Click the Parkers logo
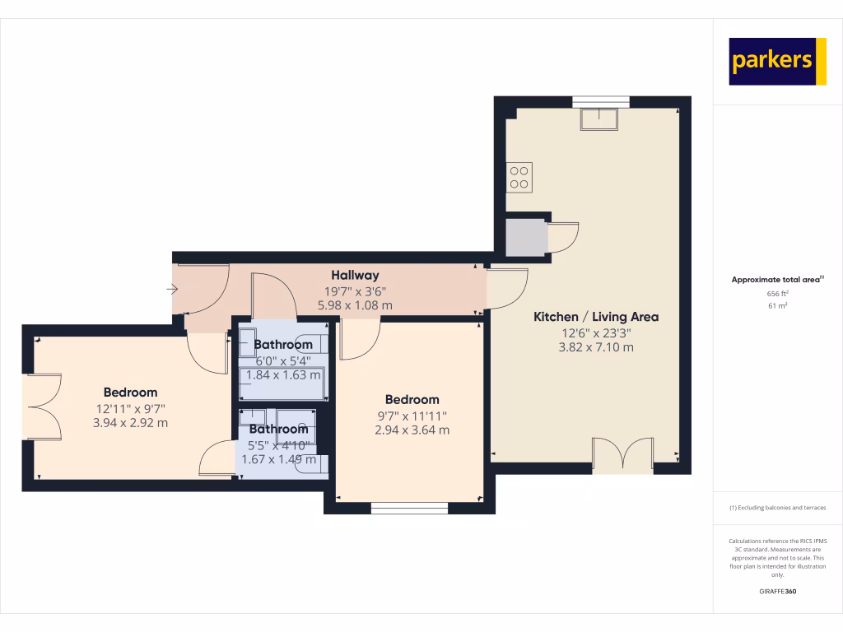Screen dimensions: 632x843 777,62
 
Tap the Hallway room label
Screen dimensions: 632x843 355,275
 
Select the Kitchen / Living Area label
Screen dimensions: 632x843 596,317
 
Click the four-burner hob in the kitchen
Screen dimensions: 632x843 519,177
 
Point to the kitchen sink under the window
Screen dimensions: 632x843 600,119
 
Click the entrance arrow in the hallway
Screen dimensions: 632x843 172,289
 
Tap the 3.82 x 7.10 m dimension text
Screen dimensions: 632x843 596,347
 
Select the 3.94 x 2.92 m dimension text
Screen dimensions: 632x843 130,423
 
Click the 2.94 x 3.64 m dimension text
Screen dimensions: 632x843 412,430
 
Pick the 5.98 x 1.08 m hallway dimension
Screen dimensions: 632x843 355,305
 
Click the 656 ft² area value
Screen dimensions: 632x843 778,294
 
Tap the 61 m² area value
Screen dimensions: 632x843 778,306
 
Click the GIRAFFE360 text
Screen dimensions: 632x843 778,592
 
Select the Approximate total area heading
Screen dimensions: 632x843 776,281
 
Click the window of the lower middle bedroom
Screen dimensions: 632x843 409,508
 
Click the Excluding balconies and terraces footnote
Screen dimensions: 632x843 778,508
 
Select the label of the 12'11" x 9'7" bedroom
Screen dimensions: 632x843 130,393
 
